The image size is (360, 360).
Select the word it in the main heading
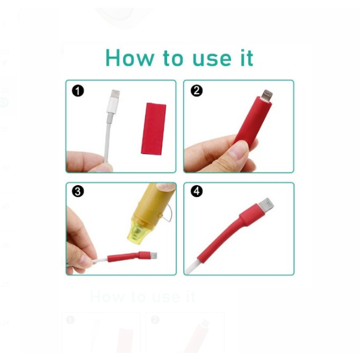tap(247, 58)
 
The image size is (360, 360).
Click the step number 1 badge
tap(78, 91)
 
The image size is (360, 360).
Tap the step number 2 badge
tap(196, 91)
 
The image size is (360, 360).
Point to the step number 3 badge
tap(78, 191)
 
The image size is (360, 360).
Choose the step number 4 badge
tap(196, 191)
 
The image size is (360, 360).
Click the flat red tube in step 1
tap(153, 128)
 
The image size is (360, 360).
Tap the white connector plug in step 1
tap(113, 101)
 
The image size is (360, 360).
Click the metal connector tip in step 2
tap(267, 96)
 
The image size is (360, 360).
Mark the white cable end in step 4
tap(192, 267)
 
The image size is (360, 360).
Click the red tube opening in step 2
tap(264, 100)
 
